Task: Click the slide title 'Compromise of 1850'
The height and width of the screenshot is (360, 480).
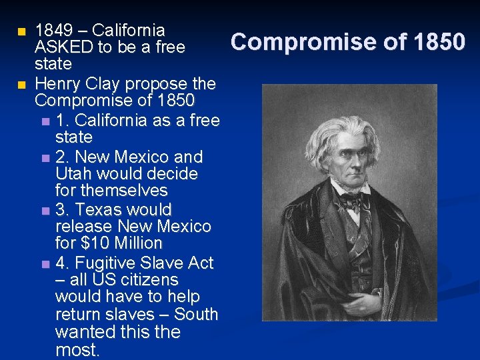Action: tap(347, 42)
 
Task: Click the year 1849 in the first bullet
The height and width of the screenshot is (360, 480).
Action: tap(53, 30)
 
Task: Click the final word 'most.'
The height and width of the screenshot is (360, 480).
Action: tap(77, 350)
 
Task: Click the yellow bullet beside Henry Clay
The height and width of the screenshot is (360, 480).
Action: tap(22, 85)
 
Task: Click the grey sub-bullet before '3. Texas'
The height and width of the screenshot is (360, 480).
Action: tap(45, 211)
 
